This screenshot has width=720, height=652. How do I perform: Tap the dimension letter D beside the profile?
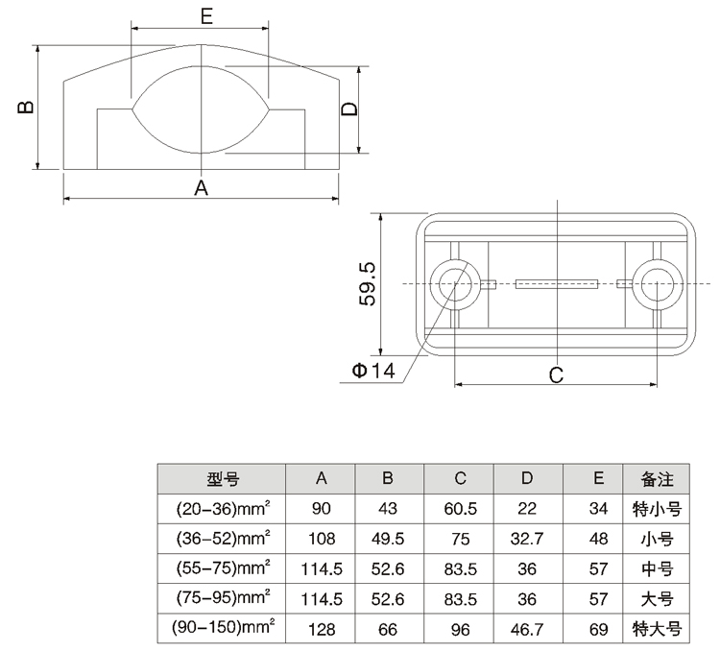(x=350, y=109)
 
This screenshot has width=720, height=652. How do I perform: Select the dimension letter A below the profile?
(x=202, y=187)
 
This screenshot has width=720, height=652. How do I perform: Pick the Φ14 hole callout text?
(x=372, y=372)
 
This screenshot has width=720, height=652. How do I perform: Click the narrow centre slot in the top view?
(x=557, y=283)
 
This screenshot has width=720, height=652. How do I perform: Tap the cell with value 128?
(x=321, y=630)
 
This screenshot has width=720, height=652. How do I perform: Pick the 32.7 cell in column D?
(x=527, y=539)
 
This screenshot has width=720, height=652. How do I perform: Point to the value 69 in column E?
(x=598, y=630)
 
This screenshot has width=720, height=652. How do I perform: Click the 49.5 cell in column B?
(x=389, y=539)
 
